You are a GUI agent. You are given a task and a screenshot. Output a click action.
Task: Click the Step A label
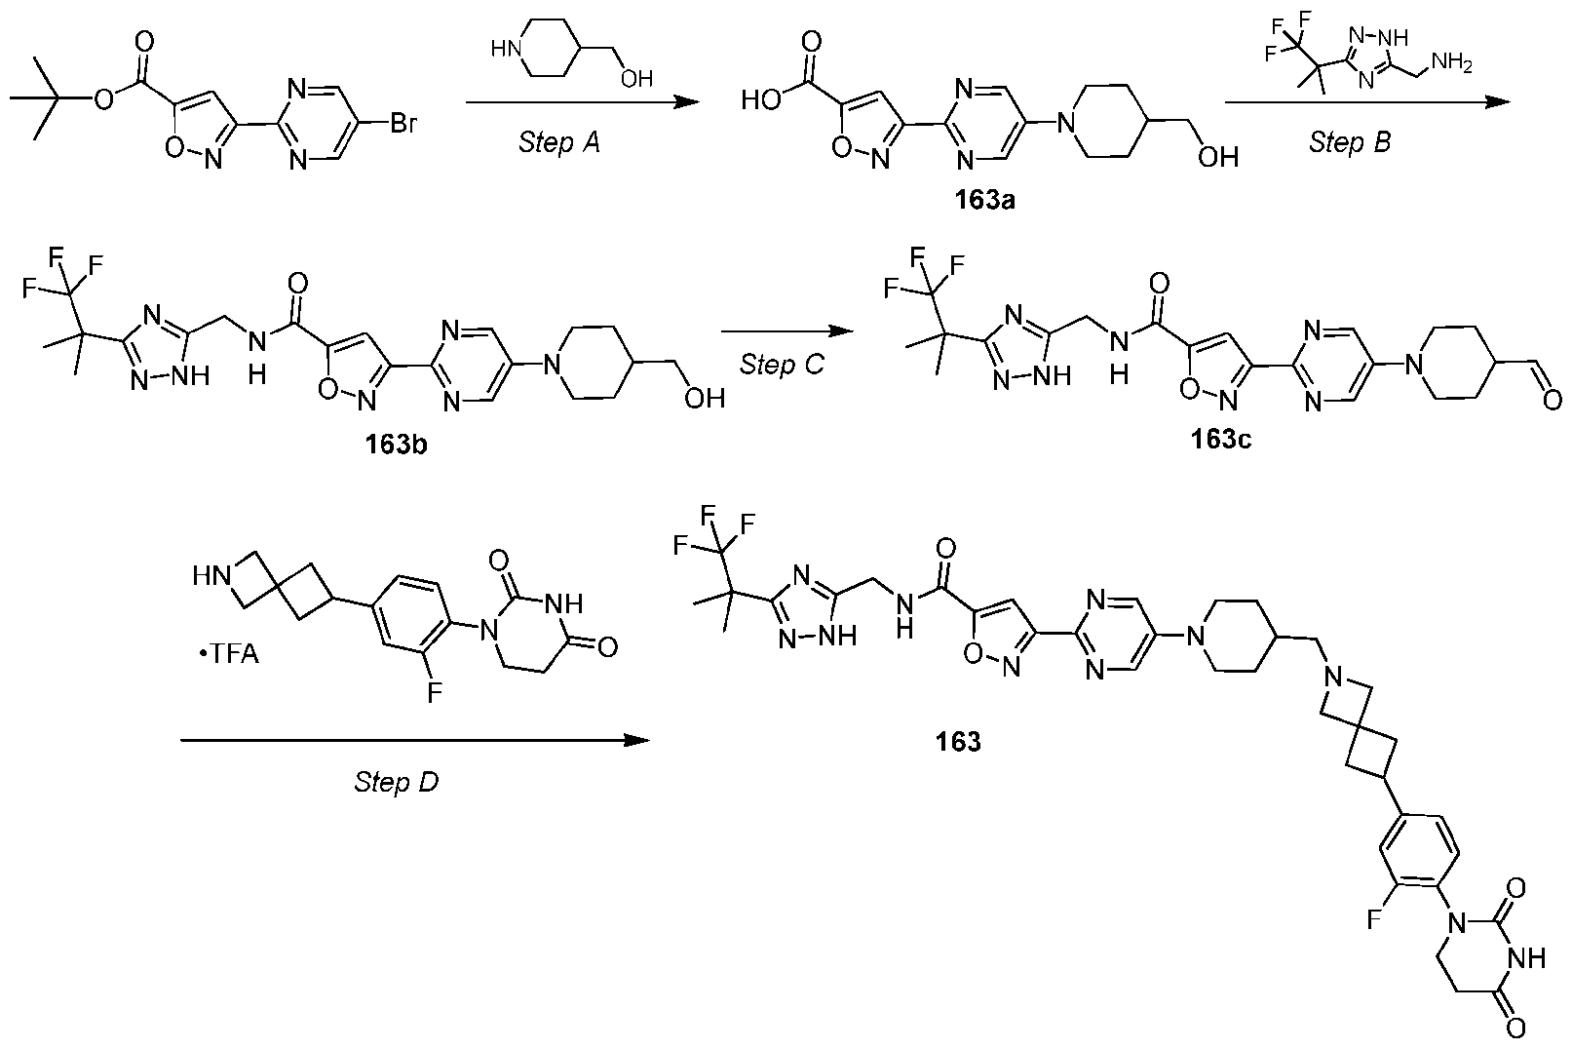[x=558, y=142]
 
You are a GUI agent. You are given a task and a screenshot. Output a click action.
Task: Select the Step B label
[x=1349, y=142]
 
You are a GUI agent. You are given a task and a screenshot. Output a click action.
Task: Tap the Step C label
[x=782, y=365]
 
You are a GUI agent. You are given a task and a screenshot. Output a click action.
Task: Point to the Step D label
[x=397, y=781]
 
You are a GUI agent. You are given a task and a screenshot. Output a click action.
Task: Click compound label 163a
[x=985, y=201]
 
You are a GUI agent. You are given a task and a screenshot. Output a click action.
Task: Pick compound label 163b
[x=396, y=444]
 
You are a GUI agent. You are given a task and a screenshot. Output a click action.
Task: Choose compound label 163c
[x=1220, y=440]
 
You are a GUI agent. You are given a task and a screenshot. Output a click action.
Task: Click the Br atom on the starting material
[x=403, y=124]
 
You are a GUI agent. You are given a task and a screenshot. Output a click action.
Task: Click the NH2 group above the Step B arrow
[x=1451, y=63]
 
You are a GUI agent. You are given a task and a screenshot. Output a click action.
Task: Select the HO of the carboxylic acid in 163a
[x=761, y=100]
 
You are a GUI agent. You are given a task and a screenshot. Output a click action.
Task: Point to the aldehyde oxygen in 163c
[x=1553, y=400]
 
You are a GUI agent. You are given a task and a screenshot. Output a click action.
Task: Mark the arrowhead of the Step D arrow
[x=637, y=741]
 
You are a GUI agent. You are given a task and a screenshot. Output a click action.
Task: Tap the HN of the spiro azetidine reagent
[x=211, y=577]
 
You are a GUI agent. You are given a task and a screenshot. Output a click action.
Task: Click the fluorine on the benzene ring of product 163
[x=1375, y=919]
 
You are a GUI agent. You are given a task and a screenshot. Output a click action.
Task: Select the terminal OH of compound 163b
[x=705, y=399]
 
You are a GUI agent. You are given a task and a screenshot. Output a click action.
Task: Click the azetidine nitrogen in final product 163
[x=1333, y=679]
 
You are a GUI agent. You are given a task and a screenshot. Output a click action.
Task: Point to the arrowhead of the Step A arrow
[x=687, y=103]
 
